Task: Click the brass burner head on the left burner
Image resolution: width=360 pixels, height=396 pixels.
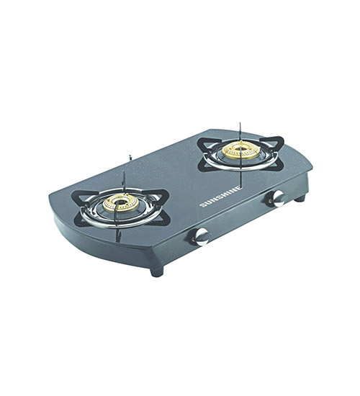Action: click(x=121, y=203)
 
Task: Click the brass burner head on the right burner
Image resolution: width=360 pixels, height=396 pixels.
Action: click(x=240, y=151)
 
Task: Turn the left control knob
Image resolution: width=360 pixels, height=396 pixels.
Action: click(x=201, y=237)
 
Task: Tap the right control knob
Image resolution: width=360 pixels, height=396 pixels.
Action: click(x=278, y=198)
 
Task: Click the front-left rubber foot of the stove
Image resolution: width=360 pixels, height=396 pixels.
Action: click(x=157, y=271)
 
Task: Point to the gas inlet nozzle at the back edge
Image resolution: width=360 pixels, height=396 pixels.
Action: click(x=130, y=157)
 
